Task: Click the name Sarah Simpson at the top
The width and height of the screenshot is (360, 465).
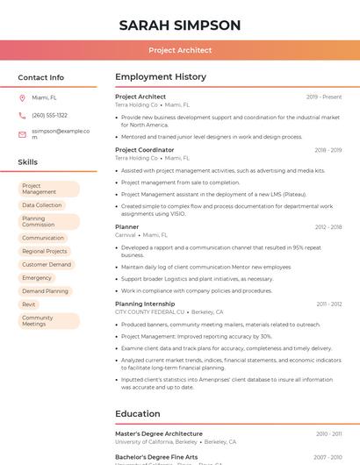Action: (x=179, y=25)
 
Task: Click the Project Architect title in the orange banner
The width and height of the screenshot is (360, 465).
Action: (x=180, y=50)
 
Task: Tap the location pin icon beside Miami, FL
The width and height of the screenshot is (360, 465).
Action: (x=22, y=97)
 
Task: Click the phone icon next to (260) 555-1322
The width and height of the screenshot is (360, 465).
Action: (x=22, y=115)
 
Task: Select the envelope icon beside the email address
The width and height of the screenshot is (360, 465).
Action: (x=22, y=133)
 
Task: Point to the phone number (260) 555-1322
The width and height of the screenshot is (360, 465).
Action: (x=49, y=115)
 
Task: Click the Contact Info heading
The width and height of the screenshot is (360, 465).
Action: (x=40, y=77)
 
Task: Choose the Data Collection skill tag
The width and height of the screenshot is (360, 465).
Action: (x=41, y=205)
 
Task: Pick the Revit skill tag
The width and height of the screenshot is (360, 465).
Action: (x=29, y=304)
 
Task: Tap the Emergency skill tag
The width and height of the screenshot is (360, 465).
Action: (x=37, y=278)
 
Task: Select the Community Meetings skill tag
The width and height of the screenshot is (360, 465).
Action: (x=38, y=321)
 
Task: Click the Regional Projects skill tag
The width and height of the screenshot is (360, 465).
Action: (x=44, y=251)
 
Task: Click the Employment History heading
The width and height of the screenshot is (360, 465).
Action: (x=160, y=77)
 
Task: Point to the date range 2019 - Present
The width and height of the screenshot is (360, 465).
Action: (x=324, y=97)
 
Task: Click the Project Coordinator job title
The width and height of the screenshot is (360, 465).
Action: (x=144, y=150)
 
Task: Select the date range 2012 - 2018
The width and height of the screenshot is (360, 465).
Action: (x=328, y=227)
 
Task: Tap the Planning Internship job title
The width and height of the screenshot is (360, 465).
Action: (x=145, y=304)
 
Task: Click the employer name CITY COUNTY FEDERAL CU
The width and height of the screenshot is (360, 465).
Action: (x=149, y=311)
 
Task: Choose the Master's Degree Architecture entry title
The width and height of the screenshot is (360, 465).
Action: (x=158, y=433)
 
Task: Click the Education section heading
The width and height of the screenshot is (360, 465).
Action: (x=137, y=413)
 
